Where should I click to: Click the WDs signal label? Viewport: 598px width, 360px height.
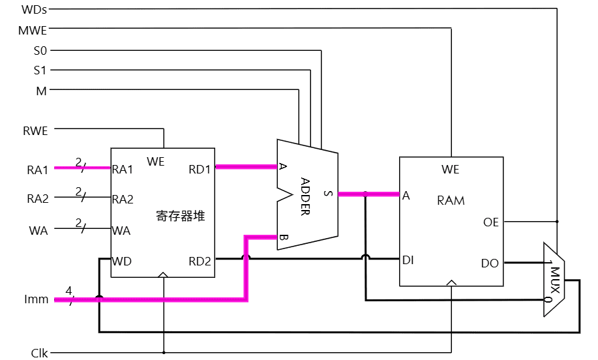point(35,10)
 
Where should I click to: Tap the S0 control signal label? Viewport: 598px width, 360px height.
point(40,50)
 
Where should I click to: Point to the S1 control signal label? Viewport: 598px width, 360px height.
point(40,70)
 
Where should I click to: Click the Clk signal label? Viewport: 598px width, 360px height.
point(39,353)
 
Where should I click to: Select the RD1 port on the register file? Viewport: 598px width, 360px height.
point(200,170)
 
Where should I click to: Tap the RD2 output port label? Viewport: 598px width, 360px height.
point(200,262)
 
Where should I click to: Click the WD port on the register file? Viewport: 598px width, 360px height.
point(122,262)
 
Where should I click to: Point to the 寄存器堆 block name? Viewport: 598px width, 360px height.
point(181,216)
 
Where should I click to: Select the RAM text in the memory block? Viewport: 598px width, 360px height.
point(451,200)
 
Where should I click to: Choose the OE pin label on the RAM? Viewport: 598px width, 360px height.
point(490,222)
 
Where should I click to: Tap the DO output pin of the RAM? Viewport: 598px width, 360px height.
point(490,263)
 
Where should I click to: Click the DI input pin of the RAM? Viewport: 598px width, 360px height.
point(408,260)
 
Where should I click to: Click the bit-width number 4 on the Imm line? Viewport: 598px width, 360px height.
point(68,290)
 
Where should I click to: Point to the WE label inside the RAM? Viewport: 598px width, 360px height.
point(450,170)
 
